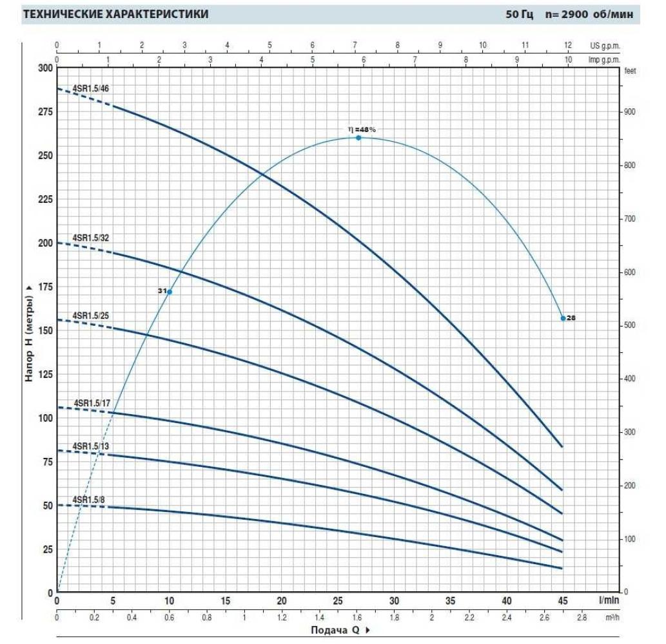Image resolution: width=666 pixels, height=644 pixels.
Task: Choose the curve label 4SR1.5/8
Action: tap(88, 500)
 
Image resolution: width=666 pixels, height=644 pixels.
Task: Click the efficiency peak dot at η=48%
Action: tap(358, 138)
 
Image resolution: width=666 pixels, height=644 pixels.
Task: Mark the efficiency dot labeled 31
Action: tap(170, 292)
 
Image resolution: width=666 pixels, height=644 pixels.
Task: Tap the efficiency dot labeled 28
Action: tap(563, 318)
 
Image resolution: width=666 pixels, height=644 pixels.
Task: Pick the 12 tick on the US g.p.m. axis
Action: tap(567, 46)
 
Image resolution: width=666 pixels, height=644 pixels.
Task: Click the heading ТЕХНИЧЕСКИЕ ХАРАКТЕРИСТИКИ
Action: tap(116, 14)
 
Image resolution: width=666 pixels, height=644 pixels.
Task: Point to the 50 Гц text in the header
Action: tap(520, 14)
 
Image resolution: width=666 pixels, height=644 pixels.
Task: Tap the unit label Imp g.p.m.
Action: tap(603, 59)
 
